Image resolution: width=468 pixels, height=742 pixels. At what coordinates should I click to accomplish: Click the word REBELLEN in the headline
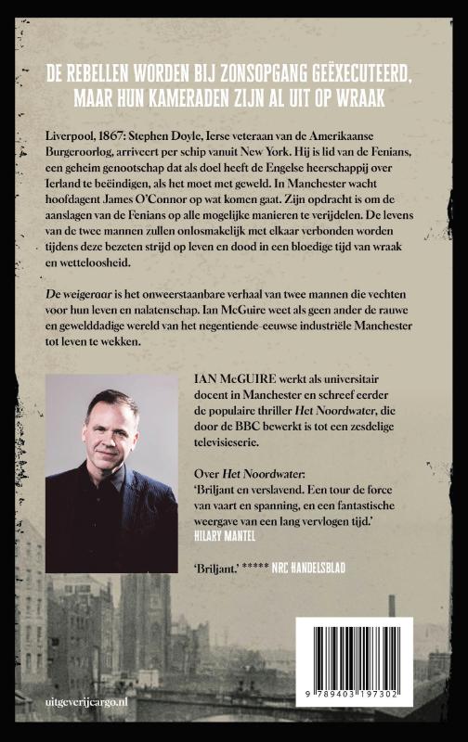118,70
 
